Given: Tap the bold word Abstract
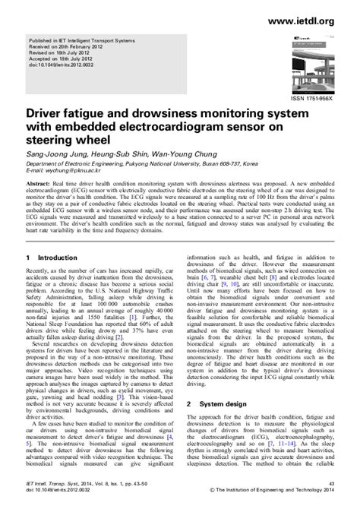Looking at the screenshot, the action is coord(39,185).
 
